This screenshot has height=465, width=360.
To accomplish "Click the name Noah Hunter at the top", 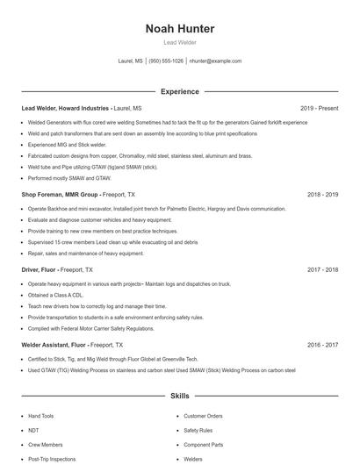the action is tap(180, 29).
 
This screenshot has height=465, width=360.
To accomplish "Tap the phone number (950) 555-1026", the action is tap(166, 61).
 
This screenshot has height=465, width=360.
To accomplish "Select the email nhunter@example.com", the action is tap(215, 61).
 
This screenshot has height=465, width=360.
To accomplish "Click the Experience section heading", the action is tap(180, 91).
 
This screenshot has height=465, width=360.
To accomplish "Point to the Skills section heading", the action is tap(180, 397).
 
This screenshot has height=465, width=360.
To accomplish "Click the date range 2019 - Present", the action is tap(319, 109).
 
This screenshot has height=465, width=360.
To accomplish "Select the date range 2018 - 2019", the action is tap(322, 195).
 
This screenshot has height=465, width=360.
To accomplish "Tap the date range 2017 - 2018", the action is tap(322, 270).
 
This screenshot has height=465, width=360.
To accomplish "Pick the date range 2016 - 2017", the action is tap(322, 346).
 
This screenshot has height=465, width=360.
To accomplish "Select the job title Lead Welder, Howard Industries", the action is tap(66, 109).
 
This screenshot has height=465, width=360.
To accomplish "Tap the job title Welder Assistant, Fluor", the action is tap(54, 346).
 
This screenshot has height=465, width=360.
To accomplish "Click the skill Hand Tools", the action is tap(41, 416).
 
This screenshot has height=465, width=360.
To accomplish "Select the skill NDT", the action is tap(33, 430).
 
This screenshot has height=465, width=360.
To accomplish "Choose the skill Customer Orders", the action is tap(203, 416).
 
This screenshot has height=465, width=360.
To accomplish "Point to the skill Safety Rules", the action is tap(198, 430).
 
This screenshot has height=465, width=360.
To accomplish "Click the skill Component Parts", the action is tap(204, 444).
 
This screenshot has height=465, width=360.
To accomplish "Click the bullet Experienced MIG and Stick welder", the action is tap(68, 145).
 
